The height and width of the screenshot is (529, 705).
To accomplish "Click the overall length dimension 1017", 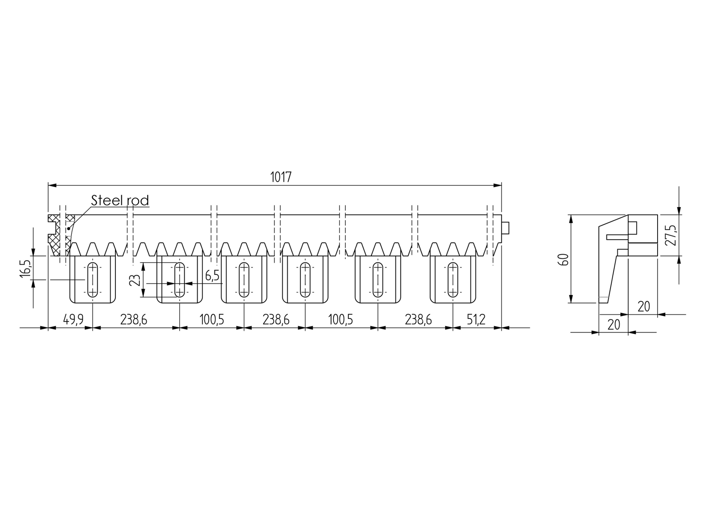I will pyautogui.click(x=281, y=177).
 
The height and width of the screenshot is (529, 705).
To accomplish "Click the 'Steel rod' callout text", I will pyautogui.click(x=120, y=201).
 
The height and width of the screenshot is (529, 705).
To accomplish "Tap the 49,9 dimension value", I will pyautogui.click(x=73, y=320).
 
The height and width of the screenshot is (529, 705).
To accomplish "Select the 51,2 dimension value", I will pyautogui.click(x=476, y=320).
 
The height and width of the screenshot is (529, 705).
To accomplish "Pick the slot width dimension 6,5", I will pyautogui.click(x=212, y=276).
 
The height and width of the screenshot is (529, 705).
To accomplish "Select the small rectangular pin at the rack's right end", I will pyautogui.click(x=506, y=228).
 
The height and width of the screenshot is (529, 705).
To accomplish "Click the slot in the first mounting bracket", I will pyautogui.click(x=92, y=280).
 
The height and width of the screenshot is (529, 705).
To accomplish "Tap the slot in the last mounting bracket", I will pyautogui.click(x=453, y=280).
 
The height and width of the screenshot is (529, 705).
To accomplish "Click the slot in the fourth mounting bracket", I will pyautogui.click(x=305, y=280).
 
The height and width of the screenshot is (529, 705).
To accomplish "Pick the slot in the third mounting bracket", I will pyautogui.click(x=244, y=280).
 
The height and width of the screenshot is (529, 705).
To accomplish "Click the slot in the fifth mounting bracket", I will pyautogui.click(x=378, y=280).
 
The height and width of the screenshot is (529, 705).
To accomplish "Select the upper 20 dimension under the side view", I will pyautogui.click(x=644, y=307).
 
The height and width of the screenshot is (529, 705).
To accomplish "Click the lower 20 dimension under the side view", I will pyautogui.click(x=614, y=325).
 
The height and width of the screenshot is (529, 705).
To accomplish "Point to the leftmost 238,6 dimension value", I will pyautogui.click(x=133, y=320).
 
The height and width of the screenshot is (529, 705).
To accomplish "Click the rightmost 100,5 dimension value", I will pyautogui.click(x=340, y=320).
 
